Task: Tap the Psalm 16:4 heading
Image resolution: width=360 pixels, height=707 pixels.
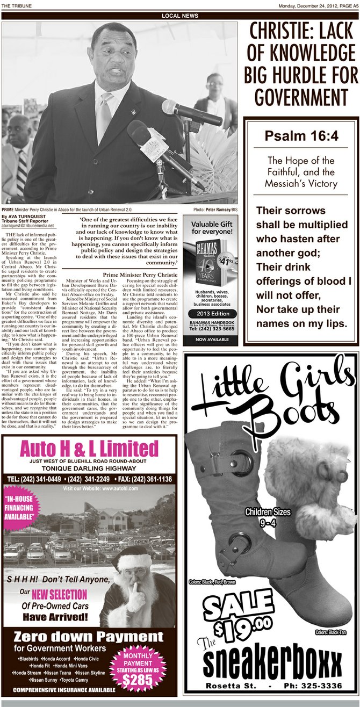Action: [301, 136]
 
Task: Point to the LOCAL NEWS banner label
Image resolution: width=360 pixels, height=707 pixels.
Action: [179, 16]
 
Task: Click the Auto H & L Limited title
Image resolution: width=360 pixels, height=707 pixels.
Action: [89, 448]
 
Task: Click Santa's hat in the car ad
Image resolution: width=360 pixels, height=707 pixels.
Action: [131, 559]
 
